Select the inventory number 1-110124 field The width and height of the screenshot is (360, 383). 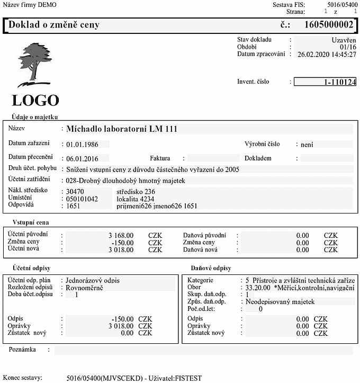325,82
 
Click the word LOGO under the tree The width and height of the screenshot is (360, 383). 35,100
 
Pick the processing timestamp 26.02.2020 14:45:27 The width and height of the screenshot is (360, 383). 327,54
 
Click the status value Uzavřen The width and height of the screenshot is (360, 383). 344,40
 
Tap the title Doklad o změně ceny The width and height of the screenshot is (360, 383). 54,25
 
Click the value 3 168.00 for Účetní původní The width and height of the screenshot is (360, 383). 121,235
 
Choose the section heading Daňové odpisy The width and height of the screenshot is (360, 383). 211,269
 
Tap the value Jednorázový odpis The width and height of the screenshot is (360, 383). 93,280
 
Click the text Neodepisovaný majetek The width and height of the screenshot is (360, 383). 281,301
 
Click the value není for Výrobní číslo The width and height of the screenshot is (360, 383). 307,144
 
